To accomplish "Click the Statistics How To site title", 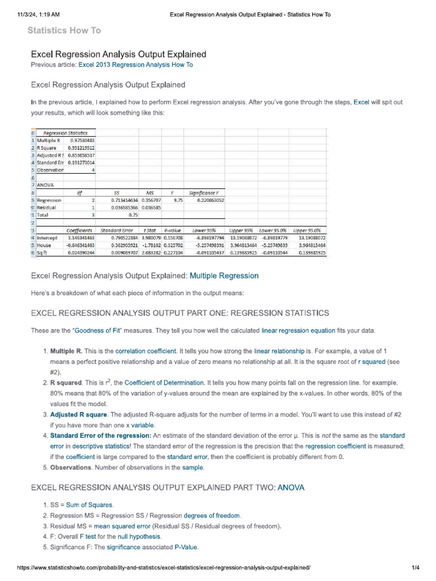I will pos(64,31).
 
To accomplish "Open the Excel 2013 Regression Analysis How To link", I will pos(135,65).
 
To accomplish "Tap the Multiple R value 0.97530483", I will pos(82,140).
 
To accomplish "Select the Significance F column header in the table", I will pos(206,192).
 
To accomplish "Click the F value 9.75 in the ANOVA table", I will pos(178,200).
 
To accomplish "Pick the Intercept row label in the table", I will pos(48,238).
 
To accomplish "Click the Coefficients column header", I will pos(80,230).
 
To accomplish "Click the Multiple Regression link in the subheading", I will pos(224,276).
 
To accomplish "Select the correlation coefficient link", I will pos(145,352).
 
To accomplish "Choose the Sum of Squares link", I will pos(90,504).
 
